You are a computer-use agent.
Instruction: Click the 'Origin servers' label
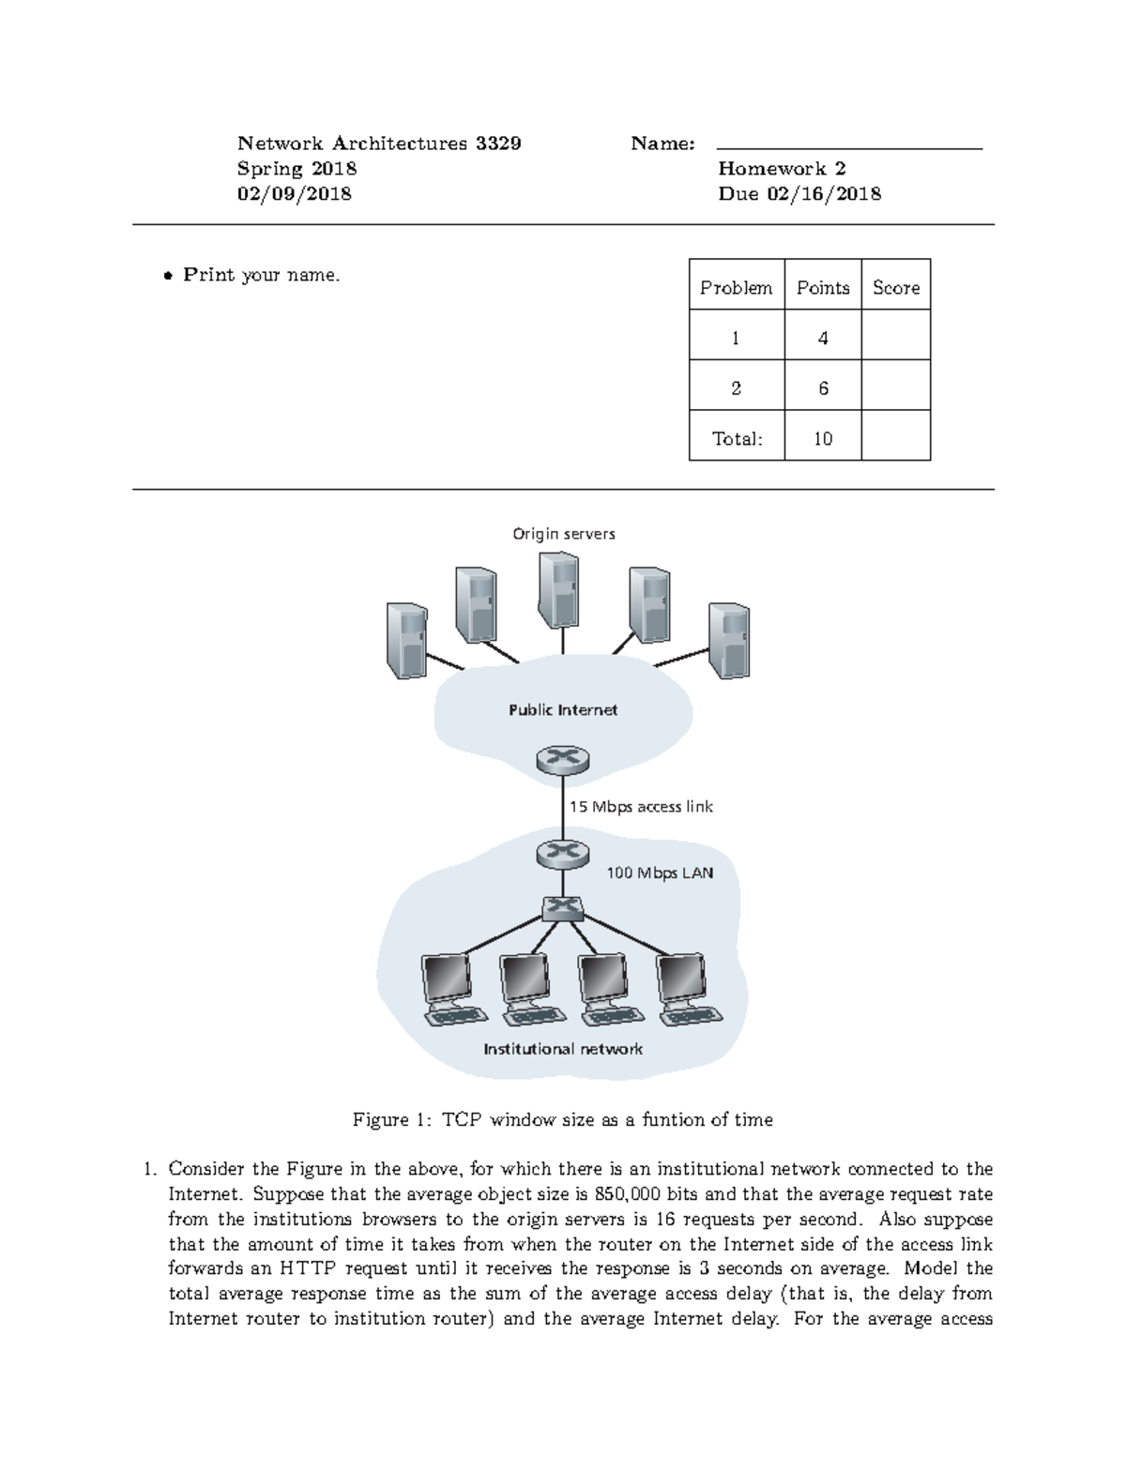pos(563,534)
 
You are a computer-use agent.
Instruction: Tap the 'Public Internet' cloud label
pos(563,710)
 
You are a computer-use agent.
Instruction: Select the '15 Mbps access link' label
pos(641,807)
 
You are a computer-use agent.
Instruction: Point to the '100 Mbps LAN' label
pos(659,873)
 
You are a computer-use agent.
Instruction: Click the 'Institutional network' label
pos(563,1049)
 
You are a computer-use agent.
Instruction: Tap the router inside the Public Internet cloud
pos(563,759)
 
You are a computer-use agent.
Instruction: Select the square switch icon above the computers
pos(563,906)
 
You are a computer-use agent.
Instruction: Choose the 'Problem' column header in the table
pos(736,288)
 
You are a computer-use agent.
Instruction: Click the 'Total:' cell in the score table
pos(737,438)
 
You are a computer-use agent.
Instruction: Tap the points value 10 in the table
pos(823,438)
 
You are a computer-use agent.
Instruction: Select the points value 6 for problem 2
pos(823,388)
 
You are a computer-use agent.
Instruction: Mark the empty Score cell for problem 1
pos(895,338)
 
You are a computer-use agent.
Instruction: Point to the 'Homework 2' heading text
pos(782,169)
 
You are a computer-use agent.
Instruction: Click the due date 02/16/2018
pos(824,194)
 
